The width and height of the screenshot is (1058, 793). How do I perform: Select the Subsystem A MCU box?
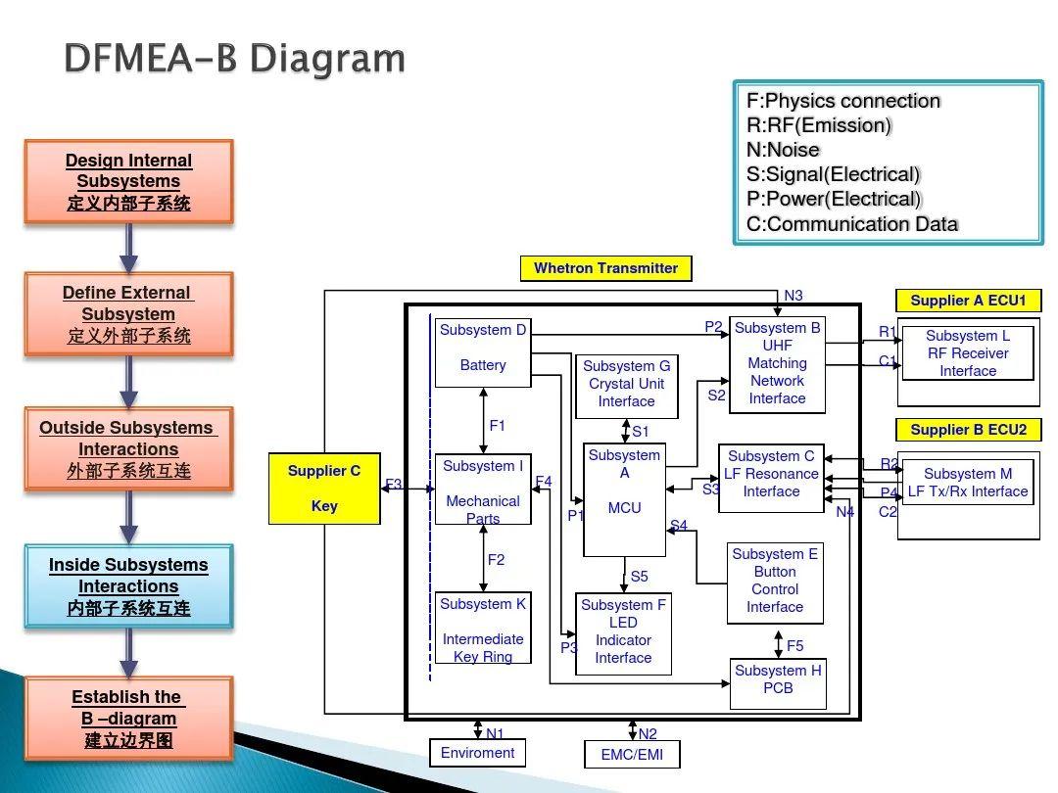coord(624,499)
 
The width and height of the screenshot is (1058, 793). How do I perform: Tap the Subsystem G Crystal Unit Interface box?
coord(626,384)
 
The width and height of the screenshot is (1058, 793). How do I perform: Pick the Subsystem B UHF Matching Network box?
coord(777,364)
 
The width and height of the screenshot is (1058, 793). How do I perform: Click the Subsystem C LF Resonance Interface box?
coord(771,478)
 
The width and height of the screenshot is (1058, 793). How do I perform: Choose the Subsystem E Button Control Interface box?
coord(774,582)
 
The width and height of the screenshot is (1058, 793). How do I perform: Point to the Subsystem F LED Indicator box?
coord(623,632)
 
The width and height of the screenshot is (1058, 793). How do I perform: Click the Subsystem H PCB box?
coord(778,681)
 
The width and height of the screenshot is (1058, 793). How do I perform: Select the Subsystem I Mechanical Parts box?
coord(483,489)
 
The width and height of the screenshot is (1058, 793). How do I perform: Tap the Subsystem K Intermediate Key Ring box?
coord(483,629)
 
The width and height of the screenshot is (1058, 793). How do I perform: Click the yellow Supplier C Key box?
coord(324,489)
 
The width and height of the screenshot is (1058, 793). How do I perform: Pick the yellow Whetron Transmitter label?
coord(605,268)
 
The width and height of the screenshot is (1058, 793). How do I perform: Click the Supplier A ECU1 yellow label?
coord(967,301)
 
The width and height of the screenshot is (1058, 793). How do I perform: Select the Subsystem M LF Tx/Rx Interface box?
coord(967,483)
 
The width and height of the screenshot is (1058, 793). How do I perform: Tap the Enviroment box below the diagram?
coord(477,753)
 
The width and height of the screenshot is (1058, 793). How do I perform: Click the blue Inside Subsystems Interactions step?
coord(128,586)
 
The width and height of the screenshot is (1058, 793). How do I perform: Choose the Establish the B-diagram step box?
coord(128,719)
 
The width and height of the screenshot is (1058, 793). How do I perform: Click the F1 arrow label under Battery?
coord(497,426)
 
